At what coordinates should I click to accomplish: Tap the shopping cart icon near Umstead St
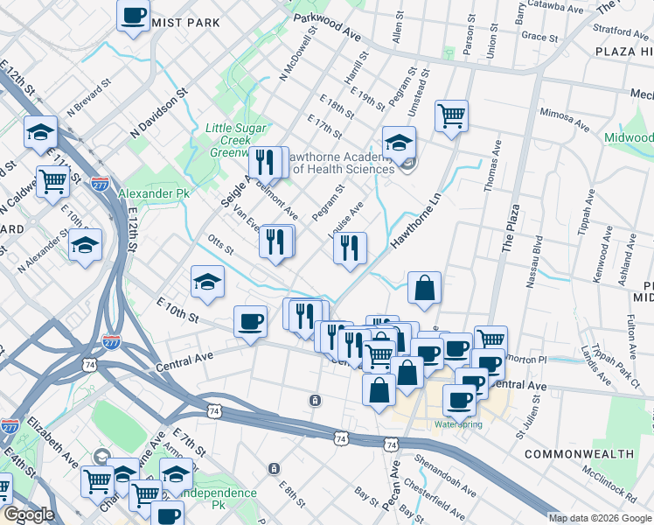tap(451, 115)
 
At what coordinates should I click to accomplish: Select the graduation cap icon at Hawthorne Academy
tap(399, 142)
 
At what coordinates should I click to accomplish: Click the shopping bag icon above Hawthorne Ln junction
tap(424, 286)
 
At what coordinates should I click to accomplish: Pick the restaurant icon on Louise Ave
tap(350, 247)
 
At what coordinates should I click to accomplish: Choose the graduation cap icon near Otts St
tap(208, 281)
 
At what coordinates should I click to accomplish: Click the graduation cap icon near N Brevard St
tap(40, 131)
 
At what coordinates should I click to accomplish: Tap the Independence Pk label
tap(226, 493)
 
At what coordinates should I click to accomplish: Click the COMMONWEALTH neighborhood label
tap(579, 454)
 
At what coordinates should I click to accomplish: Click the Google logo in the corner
tap(29, 515)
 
